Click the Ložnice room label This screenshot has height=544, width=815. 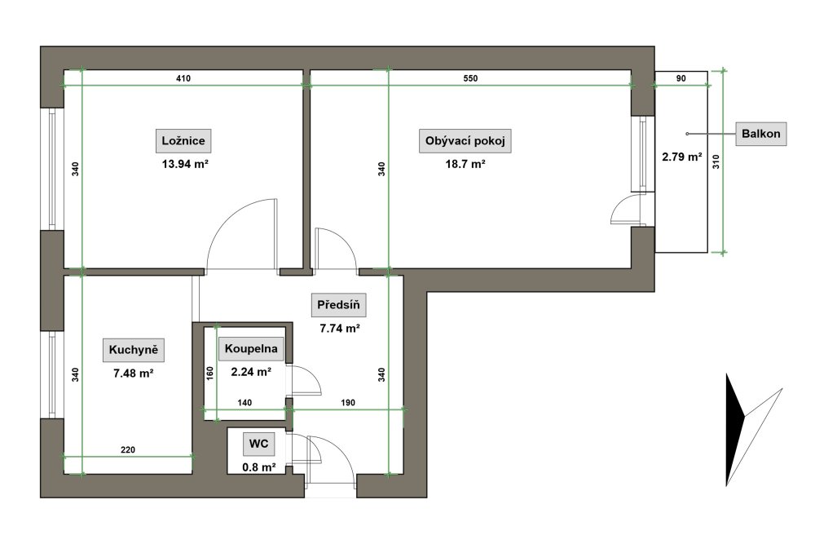(183, 140)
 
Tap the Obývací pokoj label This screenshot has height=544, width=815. (465, 141)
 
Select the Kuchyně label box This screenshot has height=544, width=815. (134, 350)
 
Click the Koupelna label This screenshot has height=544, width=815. (251, 348)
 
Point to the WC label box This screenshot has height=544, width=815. (259, 444)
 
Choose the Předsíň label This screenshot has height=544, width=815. (338, 305)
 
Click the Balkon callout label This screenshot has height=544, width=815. (761, 134)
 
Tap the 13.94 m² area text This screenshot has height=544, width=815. (186, 165)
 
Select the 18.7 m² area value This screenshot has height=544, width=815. (465, 165)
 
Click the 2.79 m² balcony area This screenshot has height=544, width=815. (682, 157)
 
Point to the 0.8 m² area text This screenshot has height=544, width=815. (259, 467)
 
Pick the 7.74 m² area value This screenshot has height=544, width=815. (340, 329)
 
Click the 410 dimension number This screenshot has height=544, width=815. (183, 78)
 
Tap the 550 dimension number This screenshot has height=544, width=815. (470, 78)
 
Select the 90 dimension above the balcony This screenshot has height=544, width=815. (681, 78)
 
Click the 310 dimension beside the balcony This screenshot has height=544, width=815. (716, 162)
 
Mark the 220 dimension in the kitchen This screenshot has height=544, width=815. (128, 450)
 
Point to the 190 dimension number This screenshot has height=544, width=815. (348, 403)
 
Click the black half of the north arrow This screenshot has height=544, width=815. (734, 427)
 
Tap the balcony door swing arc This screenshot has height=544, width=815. (618, 205)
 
